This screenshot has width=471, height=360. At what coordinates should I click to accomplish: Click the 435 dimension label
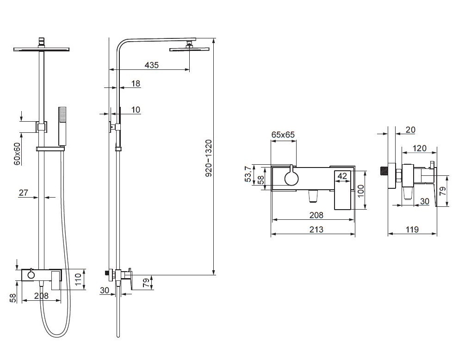click(x=151, y=65)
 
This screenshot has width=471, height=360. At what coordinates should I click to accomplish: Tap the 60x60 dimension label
click(x=17, y=154)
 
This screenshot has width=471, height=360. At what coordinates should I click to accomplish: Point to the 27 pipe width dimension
click(x=23, y=192)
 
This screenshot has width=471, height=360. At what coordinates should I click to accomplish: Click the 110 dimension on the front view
click(x=78, y=279)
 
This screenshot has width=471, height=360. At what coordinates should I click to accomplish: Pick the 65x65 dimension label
click(x=283, y=135)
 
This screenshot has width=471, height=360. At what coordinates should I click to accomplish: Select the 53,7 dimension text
click(x=248, y=174)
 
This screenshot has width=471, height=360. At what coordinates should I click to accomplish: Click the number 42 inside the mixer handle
click(x=342, y=176)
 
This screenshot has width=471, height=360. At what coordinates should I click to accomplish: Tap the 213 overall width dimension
click(x=316, y=230)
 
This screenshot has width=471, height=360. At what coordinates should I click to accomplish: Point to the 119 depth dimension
click(x=412, y=230)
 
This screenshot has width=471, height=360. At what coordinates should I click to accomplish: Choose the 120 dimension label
click(x=419, y=148)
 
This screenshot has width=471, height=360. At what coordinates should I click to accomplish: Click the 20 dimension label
click(x=410, y=130)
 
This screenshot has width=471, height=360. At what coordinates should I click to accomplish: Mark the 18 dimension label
click(x=136, y=84)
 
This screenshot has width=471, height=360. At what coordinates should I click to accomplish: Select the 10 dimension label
click(x=136, y=110)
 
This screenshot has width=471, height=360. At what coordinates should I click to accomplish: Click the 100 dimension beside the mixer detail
click(x=361, y=191)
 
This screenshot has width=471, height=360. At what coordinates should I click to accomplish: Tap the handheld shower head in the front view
click(x=62, y=126)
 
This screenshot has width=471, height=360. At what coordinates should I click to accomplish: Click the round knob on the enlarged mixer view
click(x=291, y=178)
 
